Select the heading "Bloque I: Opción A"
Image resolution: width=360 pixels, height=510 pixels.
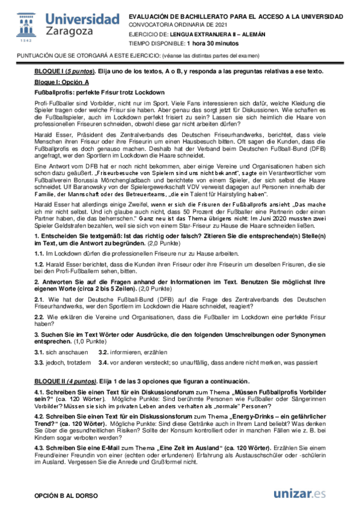[x=61, y=81]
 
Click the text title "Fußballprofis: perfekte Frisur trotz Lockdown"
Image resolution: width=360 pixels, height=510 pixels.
[x=100, y=92]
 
